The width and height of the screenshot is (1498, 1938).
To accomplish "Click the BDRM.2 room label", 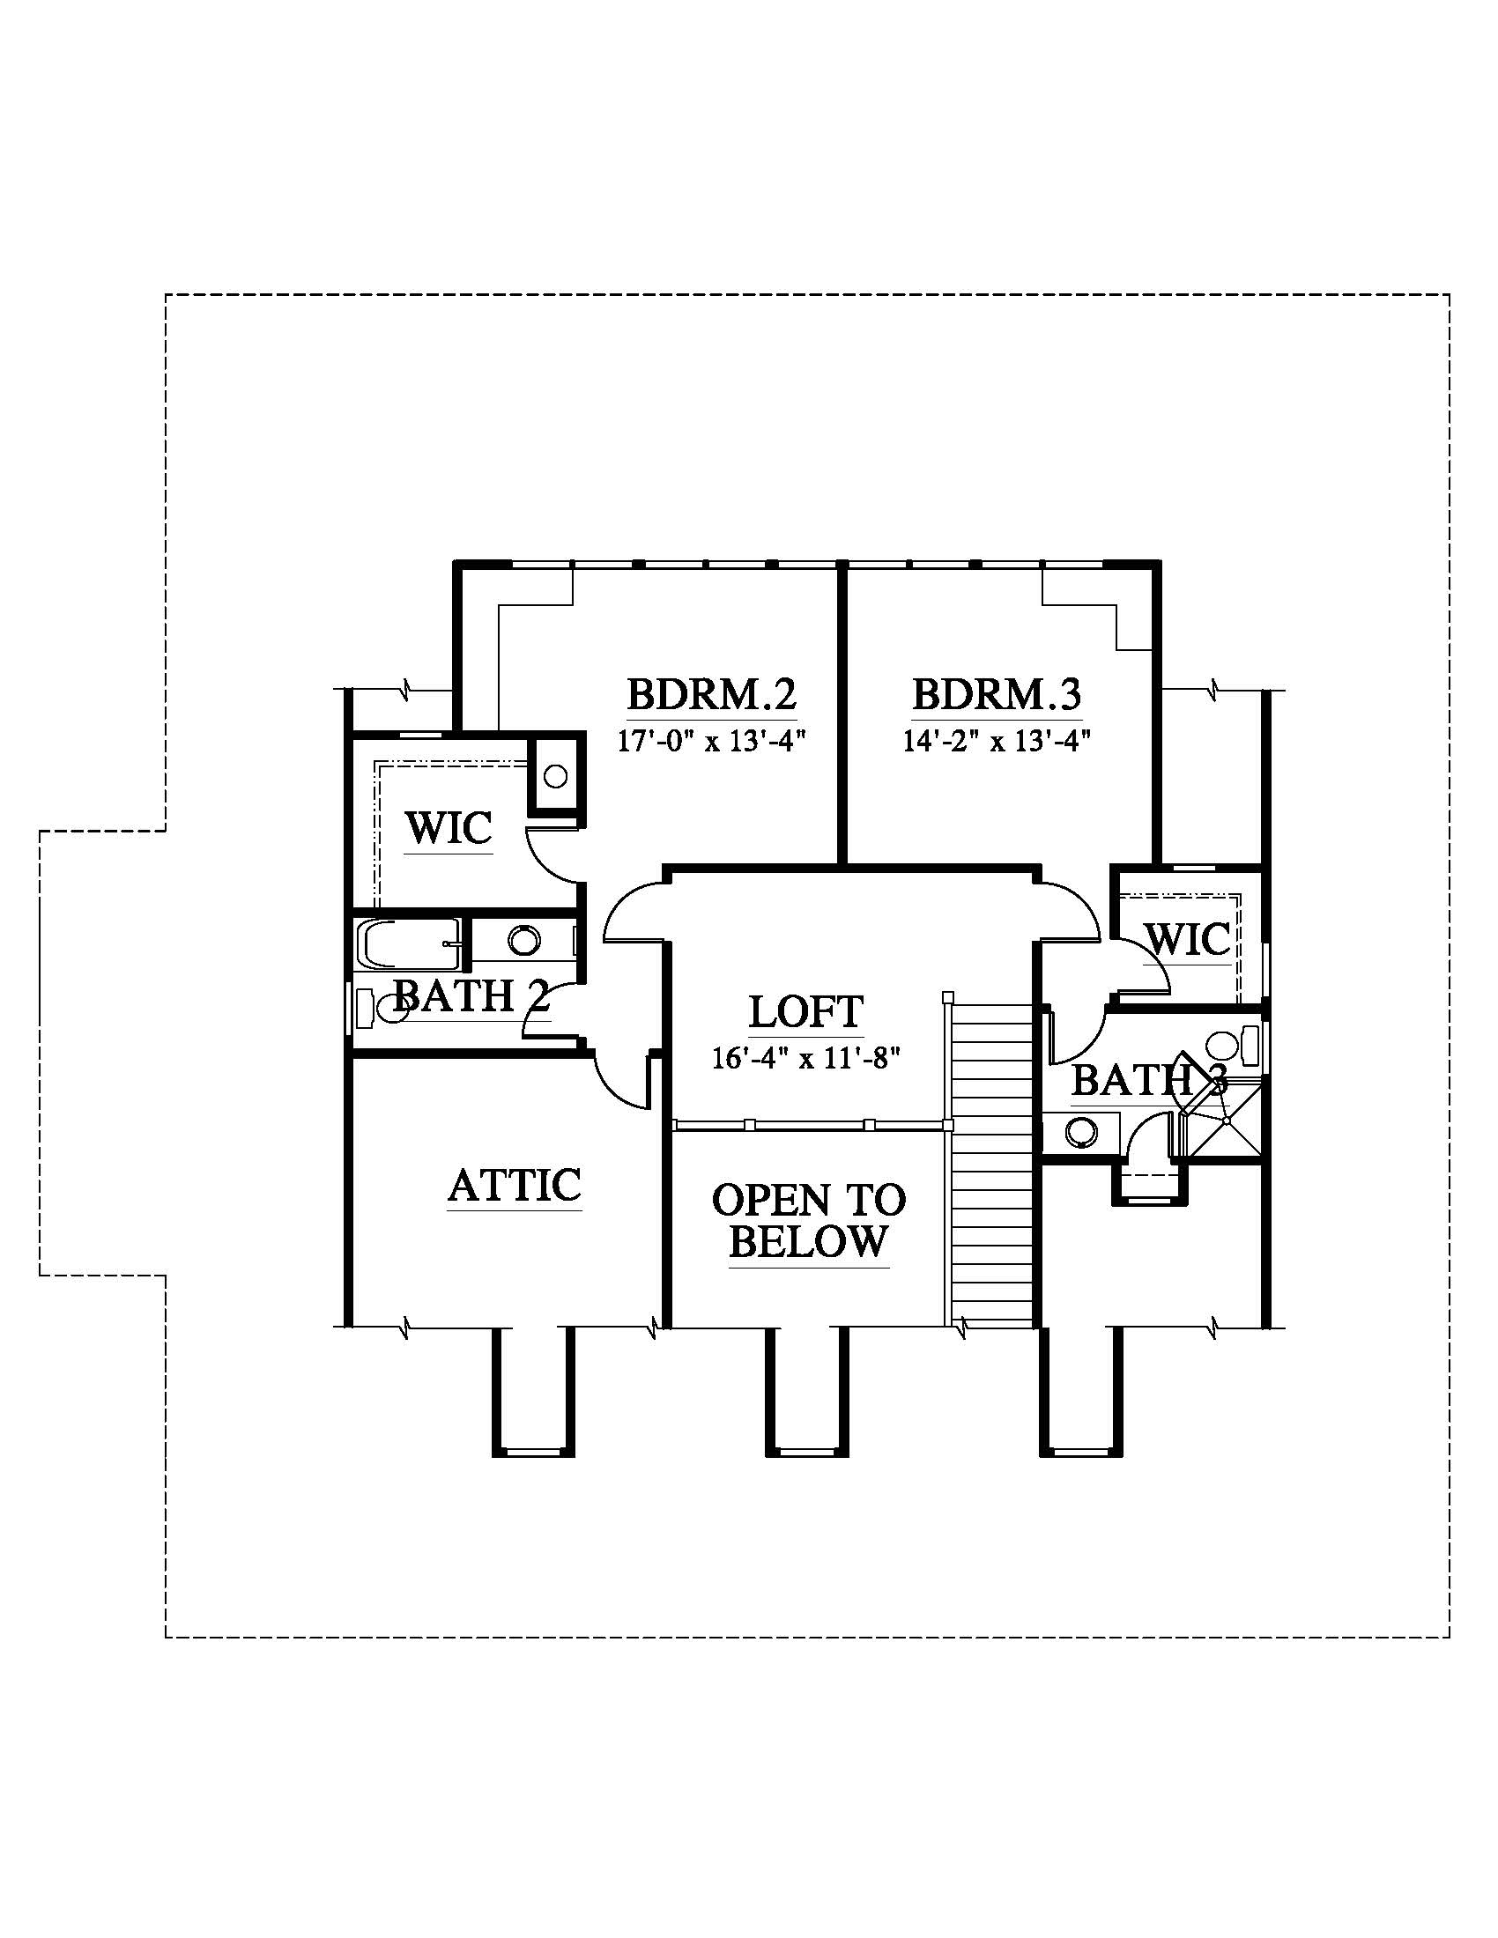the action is coord(712,694).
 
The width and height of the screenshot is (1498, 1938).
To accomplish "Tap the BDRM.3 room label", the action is coord(997,694).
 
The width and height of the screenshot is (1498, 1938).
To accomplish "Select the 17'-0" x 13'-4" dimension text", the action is coord(711,740).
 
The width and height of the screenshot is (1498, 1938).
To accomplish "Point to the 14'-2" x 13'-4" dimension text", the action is coord(996,740).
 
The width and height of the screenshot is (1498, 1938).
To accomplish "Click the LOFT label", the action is coord(805,1011).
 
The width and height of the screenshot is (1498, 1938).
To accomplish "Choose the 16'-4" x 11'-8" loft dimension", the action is coord(805,1058).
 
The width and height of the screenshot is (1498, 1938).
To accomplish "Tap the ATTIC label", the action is coord(515,1185).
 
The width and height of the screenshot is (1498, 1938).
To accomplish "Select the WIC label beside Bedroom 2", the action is coord(449,829).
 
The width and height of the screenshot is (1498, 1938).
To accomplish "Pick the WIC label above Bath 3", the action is coord(1189,939).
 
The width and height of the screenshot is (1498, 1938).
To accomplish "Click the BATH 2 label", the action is coord(471,995).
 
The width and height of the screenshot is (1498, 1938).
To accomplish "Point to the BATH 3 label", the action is coord(1150,1081).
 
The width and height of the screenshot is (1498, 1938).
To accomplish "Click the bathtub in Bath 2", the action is coord(409,944).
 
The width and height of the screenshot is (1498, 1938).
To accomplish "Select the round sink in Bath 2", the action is coord(523,940).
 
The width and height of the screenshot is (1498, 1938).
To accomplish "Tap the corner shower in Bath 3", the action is coord(1222,1119).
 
